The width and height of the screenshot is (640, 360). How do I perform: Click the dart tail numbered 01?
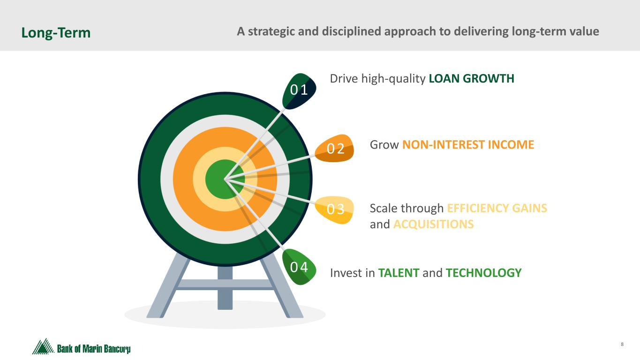[299, 91]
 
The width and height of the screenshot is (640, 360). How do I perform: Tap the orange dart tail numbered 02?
[335, 148]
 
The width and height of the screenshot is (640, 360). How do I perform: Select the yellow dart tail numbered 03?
[335, 210]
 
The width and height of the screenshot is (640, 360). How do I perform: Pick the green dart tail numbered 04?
[299, 267]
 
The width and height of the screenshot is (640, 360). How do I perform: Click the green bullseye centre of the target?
[225, 180]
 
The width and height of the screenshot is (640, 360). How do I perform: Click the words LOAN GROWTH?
[471, 79]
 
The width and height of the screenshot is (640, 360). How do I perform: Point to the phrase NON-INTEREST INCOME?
[468, 145]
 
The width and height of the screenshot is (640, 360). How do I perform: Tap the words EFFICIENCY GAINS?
[497, 208]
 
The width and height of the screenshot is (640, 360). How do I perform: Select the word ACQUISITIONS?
[433, 224]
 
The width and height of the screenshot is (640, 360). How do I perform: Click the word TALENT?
[399, 273]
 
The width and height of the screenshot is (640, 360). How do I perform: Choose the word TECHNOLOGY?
[483, 273]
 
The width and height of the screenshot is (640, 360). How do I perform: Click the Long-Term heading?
[56, 33]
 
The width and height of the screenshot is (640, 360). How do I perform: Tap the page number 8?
[622, 344]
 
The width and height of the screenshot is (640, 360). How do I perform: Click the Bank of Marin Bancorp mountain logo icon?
[43, 346]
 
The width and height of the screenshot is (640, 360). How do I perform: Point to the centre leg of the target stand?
[225, 288]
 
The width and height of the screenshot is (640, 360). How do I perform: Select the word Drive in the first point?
[344, 79]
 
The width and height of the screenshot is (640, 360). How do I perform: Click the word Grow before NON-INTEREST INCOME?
[384, 145]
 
